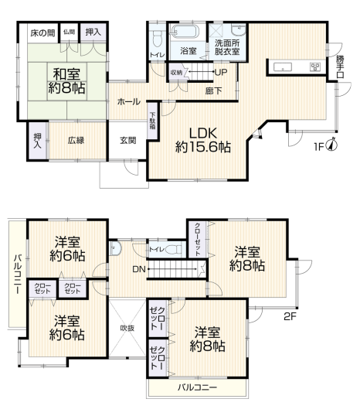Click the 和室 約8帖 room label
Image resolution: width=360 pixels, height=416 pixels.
(66, 80)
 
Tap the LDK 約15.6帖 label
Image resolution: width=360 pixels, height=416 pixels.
(203, 140)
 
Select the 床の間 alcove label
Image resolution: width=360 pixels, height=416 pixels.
(42, 33)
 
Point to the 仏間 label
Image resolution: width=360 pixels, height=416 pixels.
(69, 32)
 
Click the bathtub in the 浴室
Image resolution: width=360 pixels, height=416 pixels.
(184, 32)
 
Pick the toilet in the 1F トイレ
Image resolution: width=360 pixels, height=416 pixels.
(157, 39)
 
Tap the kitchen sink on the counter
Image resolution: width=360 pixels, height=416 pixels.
(283, 67)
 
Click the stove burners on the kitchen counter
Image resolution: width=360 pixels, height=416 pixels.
(315, 66)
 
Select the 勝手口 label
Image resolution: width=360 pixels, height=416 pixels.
(340, 66)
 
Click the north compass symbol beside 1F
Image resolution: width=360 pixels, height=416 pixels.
(332, 144)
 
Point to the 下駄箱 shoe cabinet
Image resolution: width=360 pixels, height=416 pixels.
(152, 121)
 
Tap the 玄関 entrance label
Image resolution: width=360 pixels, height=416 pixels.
(127, 141)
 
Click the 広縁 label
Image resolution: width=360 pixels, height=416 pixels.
(76, 141)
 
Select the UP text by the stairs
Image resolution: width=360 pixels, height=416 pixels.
(221, 72)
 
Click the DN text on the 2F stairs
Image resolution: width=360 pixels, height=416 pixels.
(139, 269)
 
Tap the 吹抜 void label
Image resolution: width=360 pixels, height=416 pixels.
(127, 328)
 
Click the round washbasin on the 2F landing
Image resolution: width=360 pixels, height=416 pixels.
(115, 248)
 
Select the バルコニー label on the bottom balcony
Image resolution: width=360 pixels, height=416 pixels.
(197, 387)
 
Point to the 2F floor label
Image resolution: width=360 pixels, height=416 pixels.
(290, 316)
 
